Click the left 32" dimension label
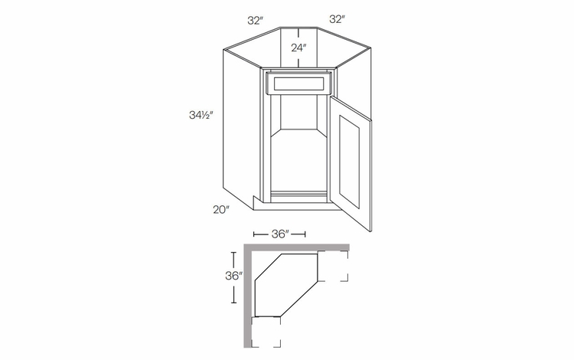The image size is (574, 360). (255, 18)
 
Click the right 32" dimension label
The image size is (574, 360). (336, 18)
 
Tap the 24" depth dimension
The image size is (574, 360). (299, 47)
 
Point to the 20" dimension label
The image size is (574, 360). (222, 209)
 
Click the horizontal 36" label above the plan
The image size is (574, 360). (279, 234)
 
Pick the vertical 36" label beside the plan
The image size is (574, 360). (235, 276)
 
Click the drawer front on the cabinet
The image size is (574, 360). (298, 83)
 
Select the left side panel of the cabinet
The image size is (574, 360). (238, 126)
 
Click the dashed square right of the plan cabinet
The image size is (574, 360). (333, 266)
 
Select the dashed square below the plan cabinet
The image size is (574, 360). (266, 332)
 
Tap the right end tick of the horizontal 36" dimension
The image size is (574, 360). (305, 234)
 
